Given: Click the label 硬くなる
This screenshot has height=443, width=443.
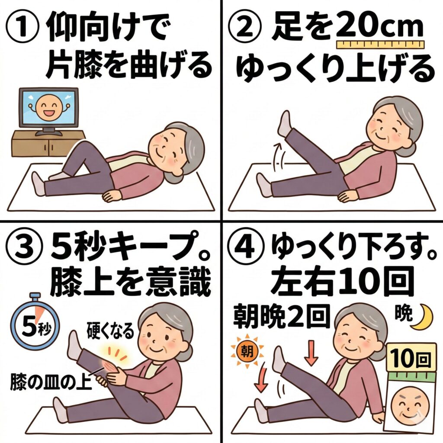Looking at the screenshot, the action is coord(110,331).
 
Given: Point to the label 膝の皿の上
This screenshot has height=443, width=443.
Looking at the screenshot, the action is coord(51,382).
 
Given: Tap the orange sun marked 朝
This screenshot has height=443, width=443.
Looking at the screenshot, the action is coord(247,352).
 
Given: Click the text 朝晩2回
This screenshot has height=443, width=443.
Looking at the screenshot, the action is coord(281,316).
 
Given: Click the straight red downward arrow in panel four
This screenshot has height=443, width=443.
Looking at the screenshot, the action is coord(311,353).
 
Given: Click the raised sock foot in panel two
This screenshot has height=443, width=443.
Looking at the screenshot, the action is coord(284,124).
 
